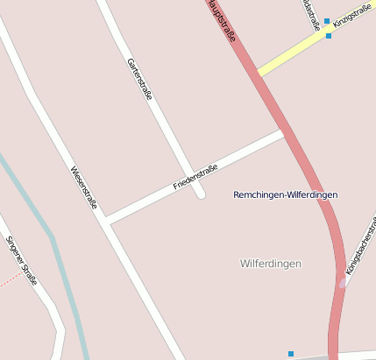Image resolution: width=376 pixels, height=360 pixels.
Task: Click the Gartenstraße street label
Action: [x=140, y=80]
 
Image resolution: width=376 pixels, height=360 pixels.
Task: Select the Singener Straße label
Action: [x=22, y=260]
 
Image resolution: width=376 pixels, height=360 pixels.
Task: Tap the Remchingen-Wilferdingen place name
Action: [x=286, y=194]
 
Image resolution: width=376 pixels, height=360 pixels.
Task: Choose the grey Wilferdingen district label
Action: [x=270, y=263]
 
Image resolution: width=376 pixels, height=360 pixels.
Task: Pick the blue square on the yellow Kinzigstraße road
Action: [x=329, y=36]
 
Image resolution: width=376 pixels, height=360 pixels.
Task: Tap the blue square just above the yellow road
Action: [x=327, y=21]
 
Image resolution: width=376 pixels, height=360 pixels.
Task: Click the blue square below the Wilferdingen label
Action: [x=291, y=354]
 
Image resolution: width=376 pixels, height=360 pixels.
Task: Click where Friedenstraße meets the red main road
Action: [x=283, y=134]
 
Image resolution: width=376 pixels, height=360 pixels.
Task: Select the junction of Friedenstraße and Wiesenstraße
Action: [x=106, y=221]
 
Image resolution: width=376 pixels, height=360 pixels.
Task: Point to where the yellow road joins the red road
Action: [x=260, y=74]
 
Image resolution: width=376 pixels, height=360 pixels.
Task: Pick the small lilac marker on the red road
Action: [x=342, y=283]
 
